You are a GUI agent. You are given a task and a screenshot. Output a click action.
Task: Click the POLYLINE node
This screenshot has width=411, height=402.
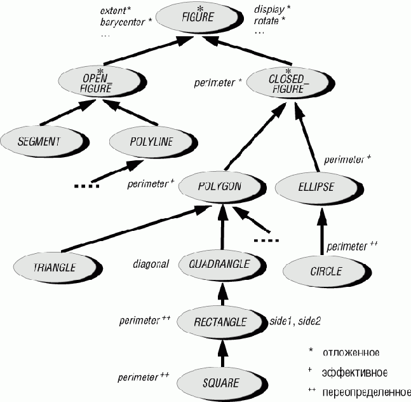[x=142, y=141]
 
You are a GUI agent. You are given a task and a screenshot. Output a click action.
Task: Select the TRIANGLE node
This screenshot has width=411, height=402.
[x=55, y=265]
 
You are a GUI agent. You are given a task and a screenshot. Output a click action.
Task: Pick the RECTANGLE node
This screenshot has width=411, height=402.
[x=220, y=322]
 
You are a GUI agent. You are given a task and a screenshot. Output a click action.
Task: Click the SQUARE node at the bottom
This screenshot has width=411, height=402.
[x=220, y=382]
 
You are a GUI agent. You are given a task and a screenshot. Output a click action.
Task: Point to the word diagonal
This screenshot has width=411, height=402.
[x=151, y=263]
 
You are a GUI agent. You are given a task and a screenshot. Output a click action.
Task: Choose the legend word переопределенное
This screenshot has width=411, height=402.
[x=367, y=391]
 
